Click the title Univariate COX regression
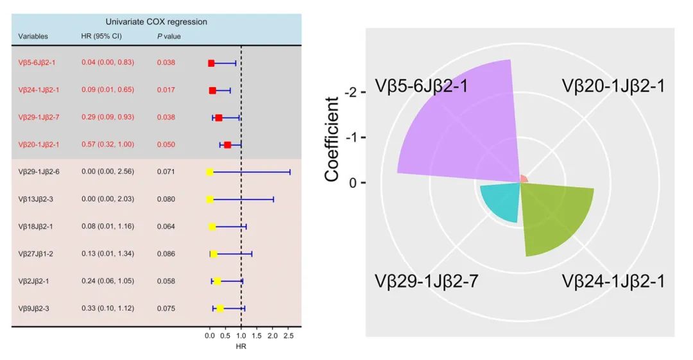coord(157,22)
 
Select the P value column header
coord(169,37)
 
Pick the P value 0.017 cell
coord(166,90)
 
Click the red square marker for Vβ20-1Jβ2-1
coord(227,145)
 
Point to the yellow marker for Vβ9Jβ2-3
coord(219,309)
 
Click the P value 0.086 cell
coord(166,254)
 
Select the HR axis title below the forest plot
coord(241,347)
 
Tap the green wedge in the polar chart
coord(552,215)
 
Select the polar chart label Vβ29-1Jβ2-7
coord(426,282)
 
